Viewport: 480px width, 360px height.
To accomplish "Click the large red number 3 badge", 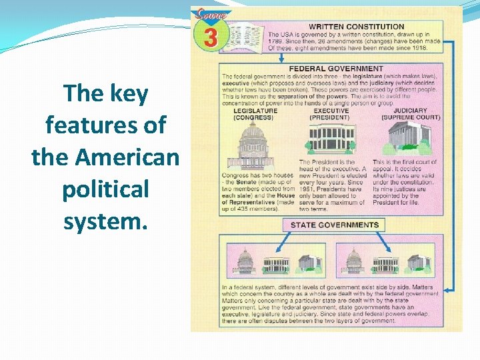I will tap(210, 37).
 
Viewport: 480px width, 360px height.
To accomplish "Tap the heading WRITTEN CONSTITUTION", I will tap(356, 27).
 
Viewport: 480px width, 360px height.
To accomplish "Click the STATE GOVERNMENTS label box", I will tap(334, 225).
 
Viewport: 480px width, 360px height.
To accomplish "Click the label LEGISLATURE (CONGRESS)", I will tap(253, 114).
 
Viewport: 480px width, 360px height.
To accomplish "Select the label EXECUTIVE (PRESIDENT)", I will tap(329, 114).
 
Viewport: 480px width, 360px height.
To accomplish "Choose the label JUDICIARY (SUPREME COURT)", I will tap(411, 114).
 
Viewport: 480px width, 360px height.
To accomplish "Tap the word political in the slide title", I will tap(105, 189).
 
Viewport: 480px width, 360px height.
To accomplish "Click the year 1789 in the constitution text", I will tap(278, 41).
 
